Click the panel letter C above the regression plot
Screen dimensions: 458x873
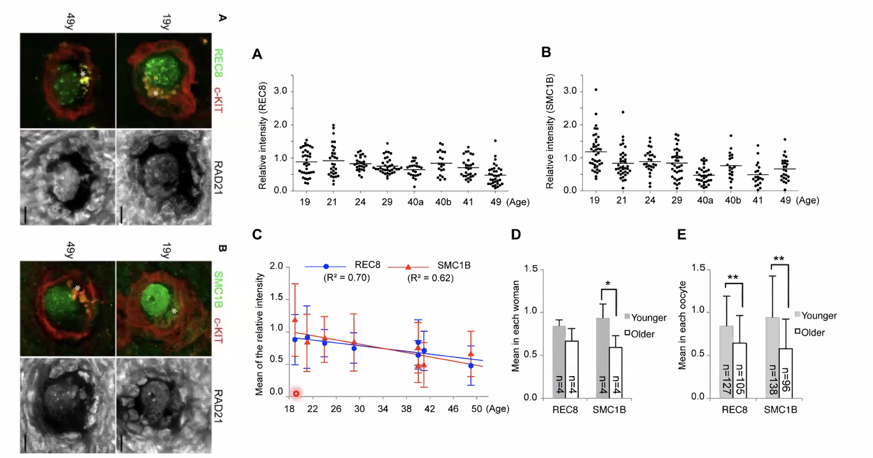coord(257,234)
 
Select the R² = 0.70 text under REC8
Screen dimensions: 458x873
coord(347,278)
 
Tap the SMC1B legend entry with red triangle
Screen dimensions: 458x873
coord(430,266)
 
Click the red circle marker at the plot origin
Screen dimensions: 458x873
coord(296,393)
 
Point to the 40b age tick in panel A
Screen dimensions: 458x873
coord(443,202)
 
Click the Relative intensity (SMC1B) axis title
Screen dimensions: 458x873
coord(550,131)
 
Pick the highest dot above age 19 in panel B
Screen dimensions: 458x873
coord(596,90)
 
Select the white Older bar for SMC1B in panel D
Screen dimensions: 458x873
coord(615,372)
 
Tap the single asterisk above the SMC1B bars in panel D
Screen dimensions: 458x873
coord(608,284)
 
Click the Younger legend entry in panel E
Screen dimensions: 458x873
coord(815,316)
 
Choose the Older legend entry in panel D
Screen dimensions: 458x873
coord(639,334)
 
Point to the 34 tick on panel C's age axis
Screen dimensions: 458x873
coord(383,409)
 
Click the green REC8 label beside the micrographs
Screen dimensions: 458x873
coord(218,63)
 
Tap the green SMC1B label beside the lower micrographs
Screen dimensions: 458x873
coord(218,289)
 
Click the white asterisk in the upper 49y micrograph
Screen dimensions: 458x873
coord(83,74)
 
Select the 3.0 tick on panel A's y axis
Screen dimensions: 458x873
coord(280,91)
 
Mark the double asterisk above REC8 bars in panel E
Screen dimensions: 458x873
coord(733,278)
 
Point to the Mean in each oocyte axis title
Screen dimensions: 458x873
coord(682,325)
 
